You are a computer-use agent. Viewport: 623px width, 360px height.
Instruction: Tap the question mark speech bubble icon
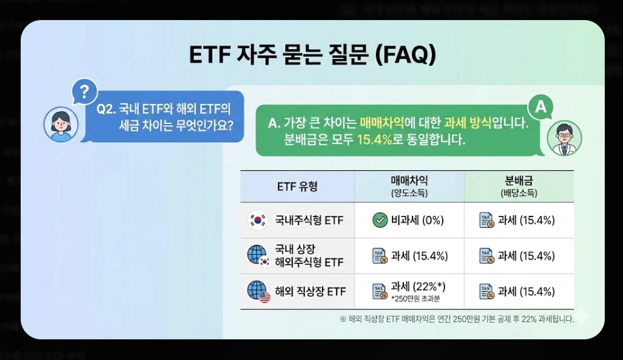tap(85, 92)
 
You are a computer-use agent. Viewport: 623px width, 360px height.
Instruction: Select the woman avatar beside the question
tap(61, 124)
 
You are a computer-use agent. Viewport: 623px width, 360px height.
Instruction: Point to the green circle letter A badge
tap(540, 108)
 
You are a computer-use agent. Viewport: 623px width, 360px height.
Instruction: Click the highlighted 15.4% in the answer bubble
tap(374, 140)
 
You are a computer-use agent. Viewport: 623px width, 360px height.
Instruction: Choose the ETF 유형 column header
tap(297, 186)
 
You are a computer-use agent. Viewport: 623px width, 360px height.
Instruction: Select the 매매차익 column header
tap(409, 185)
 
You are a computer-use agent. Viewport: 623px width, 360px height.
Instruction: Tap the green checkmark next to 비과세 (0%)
tap(380, 220)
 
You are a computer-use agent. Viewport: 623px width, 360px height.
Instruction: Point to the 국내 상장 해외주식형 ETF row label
tap(308, 255)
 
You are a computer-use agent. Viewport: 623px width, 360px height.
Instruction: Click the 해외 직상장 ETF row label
tap(310, 291)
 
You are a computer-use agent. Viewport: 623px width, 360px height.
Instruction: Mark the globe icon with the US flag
tap(258, 291)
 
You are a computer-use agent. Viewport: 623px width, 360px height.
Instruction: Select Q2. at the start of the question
tap(106, 110)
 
